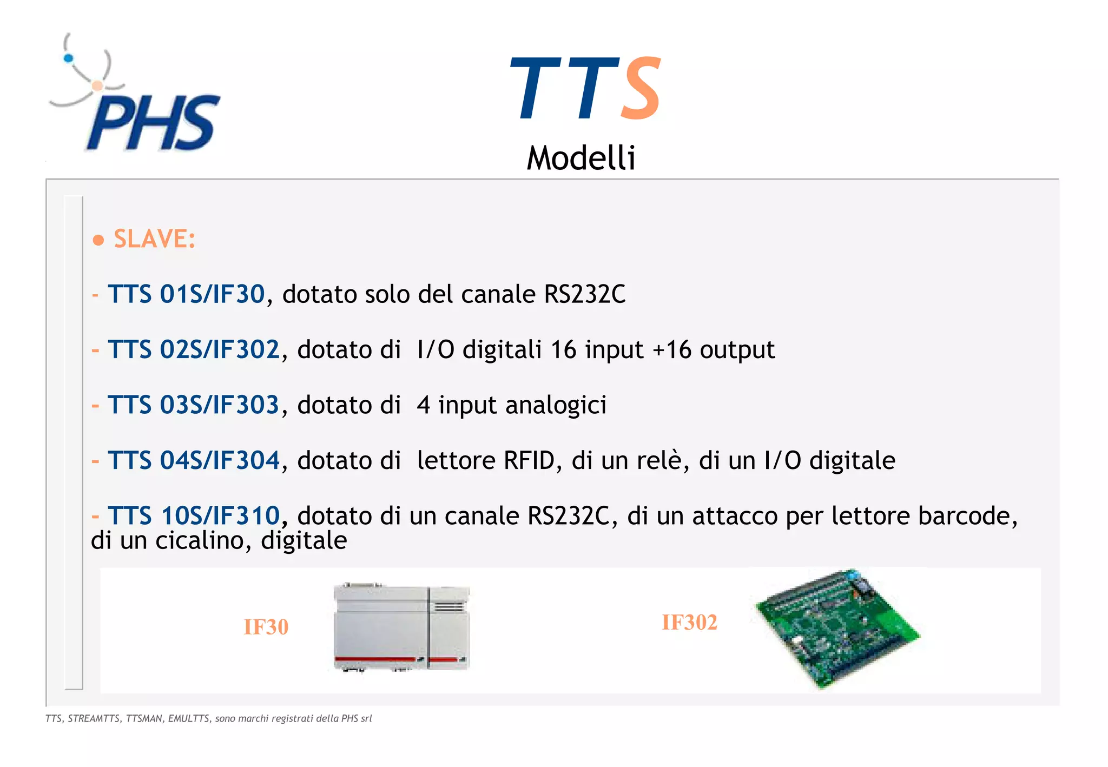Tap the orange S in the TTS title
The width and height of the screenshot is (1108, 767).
[641, 89]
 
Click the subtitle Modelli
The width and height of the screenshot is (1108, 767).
[581, 158]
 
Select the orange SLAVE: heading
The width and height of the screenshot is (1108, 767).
[154, 239]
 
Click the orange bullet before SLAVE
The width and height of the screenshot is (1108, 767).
[98, 240]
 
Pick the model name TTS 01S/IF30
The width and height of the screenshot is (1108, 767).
[186, 294]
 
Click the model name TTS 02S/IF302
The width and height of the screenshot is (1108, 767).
[194, 349]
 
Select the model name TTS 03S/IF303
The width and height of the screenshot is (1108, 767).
[193, 405]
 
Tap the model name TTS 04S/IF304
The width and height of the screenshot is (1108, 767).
[194, 460]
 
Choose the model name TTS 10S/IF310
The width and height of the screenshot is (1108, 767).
[194, 515]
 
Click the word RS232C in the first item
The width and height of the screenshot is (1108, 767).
[584, 294]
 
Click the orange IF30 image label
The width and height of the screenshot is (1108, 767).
[266, 627]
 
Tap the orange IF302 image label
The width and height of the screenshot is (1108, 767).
[689, 623]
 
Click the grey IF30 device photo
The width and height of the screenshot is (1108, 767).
[401, 627]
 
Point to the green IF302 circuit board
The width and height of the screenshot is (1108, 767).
[837, 627]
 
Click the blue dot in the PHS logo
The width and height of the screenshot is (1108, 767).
[69, 58]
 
